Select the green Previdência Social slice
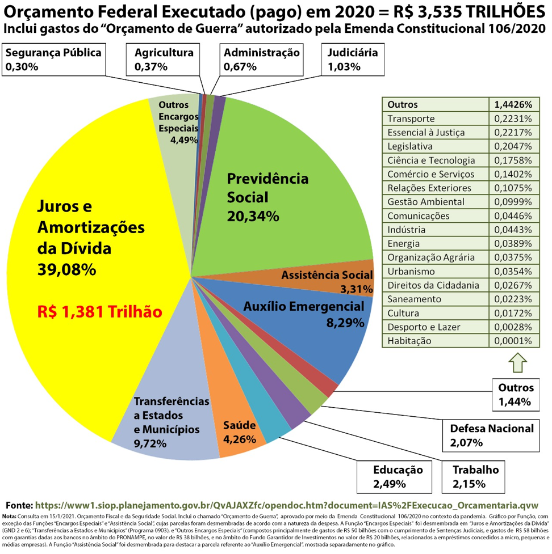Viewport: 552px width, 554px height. tap(295, 170)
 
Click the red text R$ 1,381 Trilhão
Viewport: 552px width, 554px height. tap(99, 311)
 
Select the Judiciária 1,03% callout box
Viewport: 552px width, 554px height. tap(352, 60)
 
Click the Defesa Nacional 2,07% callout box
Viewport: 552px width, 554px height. tap(492, 434)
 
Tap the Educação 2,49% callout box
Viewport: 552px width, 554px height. tap(398, 476)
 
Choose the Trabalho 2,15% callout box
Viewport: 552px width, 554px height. tap(475, 476)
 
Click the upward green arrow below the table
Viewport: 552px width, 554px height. tap(516, 362)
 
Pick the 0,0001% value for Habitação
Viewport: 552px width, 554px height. tap(512, 341)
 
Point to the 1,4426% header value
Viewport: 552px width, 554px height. tap(512, 104)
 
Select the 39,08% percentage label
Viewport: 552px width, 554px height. tap(66, 269)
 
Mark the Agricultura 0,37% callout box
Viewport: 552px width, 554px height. tap(164, 60)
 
